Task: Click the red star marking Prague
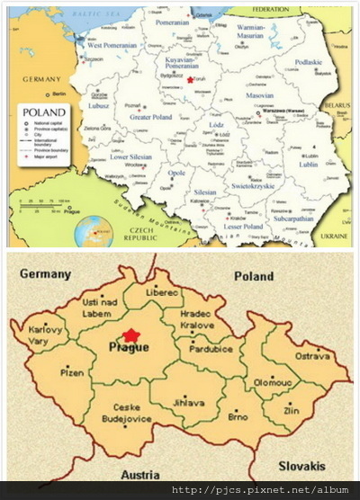coord(131,336)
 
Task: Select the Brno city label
coord(238,417)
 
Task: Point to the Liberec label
coord(161,293)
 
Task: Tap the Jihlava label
coord(186,405)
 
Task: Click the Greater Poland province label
coord(150,118)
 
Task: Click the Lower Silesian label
coord(131,156)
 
